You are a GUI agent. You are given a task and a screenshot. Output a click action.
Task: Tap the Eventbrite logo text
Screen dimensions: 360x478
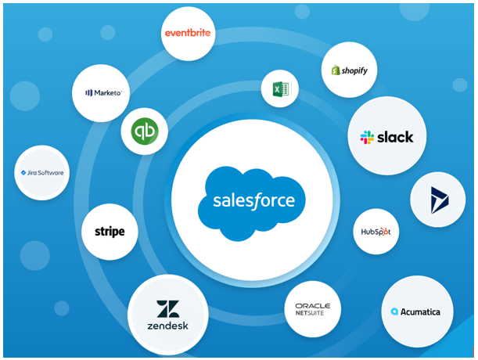tap(188, 34)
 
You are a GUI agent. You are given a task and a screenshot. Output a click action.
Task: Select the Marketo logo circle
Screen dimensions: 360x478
tap(102, 92)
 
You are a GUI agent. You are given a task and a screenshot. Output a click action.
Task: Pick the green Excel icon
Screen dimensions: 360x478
tap(279, 88)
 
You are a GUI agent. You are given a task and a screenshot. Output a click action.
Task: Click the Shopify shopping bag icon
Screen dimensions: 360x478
tap(336, 70)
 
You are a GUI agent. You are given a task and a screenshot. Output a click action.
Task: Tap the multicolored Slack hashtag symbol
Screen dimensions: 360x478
tap(367, 138)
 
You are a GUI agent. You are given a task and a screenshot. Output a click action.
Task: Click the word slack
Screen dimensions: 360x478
tap(395, 138)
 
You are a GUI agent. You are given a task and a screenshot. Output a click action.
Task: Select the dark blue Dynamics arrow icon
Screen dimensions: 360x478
tap(438, 200)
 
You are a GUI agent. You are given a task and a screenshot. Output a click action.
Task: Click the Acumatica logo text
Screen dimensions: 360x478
tap(421, 311)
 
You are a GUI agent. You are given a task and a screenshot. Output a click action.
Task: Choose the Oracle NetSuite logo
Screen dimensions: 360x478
tap(312, 309)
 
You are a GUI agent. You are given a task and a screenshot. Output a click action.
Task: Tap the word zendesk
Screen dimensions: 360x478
tap(167, 325)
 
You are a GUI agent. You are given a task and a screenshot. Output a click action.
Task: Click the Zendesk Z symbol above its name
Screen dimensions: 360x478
tap(167, 308)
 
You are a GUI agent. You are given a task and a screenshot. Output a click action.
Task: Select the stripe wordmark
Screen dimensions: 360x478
tap(110, 232)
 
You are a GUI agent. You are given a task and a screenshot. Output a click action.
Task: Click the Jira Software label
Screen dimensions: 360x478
tap(45, 173)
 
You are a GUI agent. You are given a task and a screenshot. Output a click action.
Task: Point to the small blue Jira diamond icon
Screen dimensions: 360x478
tap(23, 173)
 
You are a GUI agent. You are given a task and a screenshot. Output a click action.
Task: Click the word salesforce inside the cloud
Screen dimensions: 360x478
tap(254, 200)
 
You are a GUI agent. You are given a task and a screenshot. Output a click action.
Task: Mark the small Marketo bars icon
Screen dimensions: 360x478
tap(88, 93)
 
